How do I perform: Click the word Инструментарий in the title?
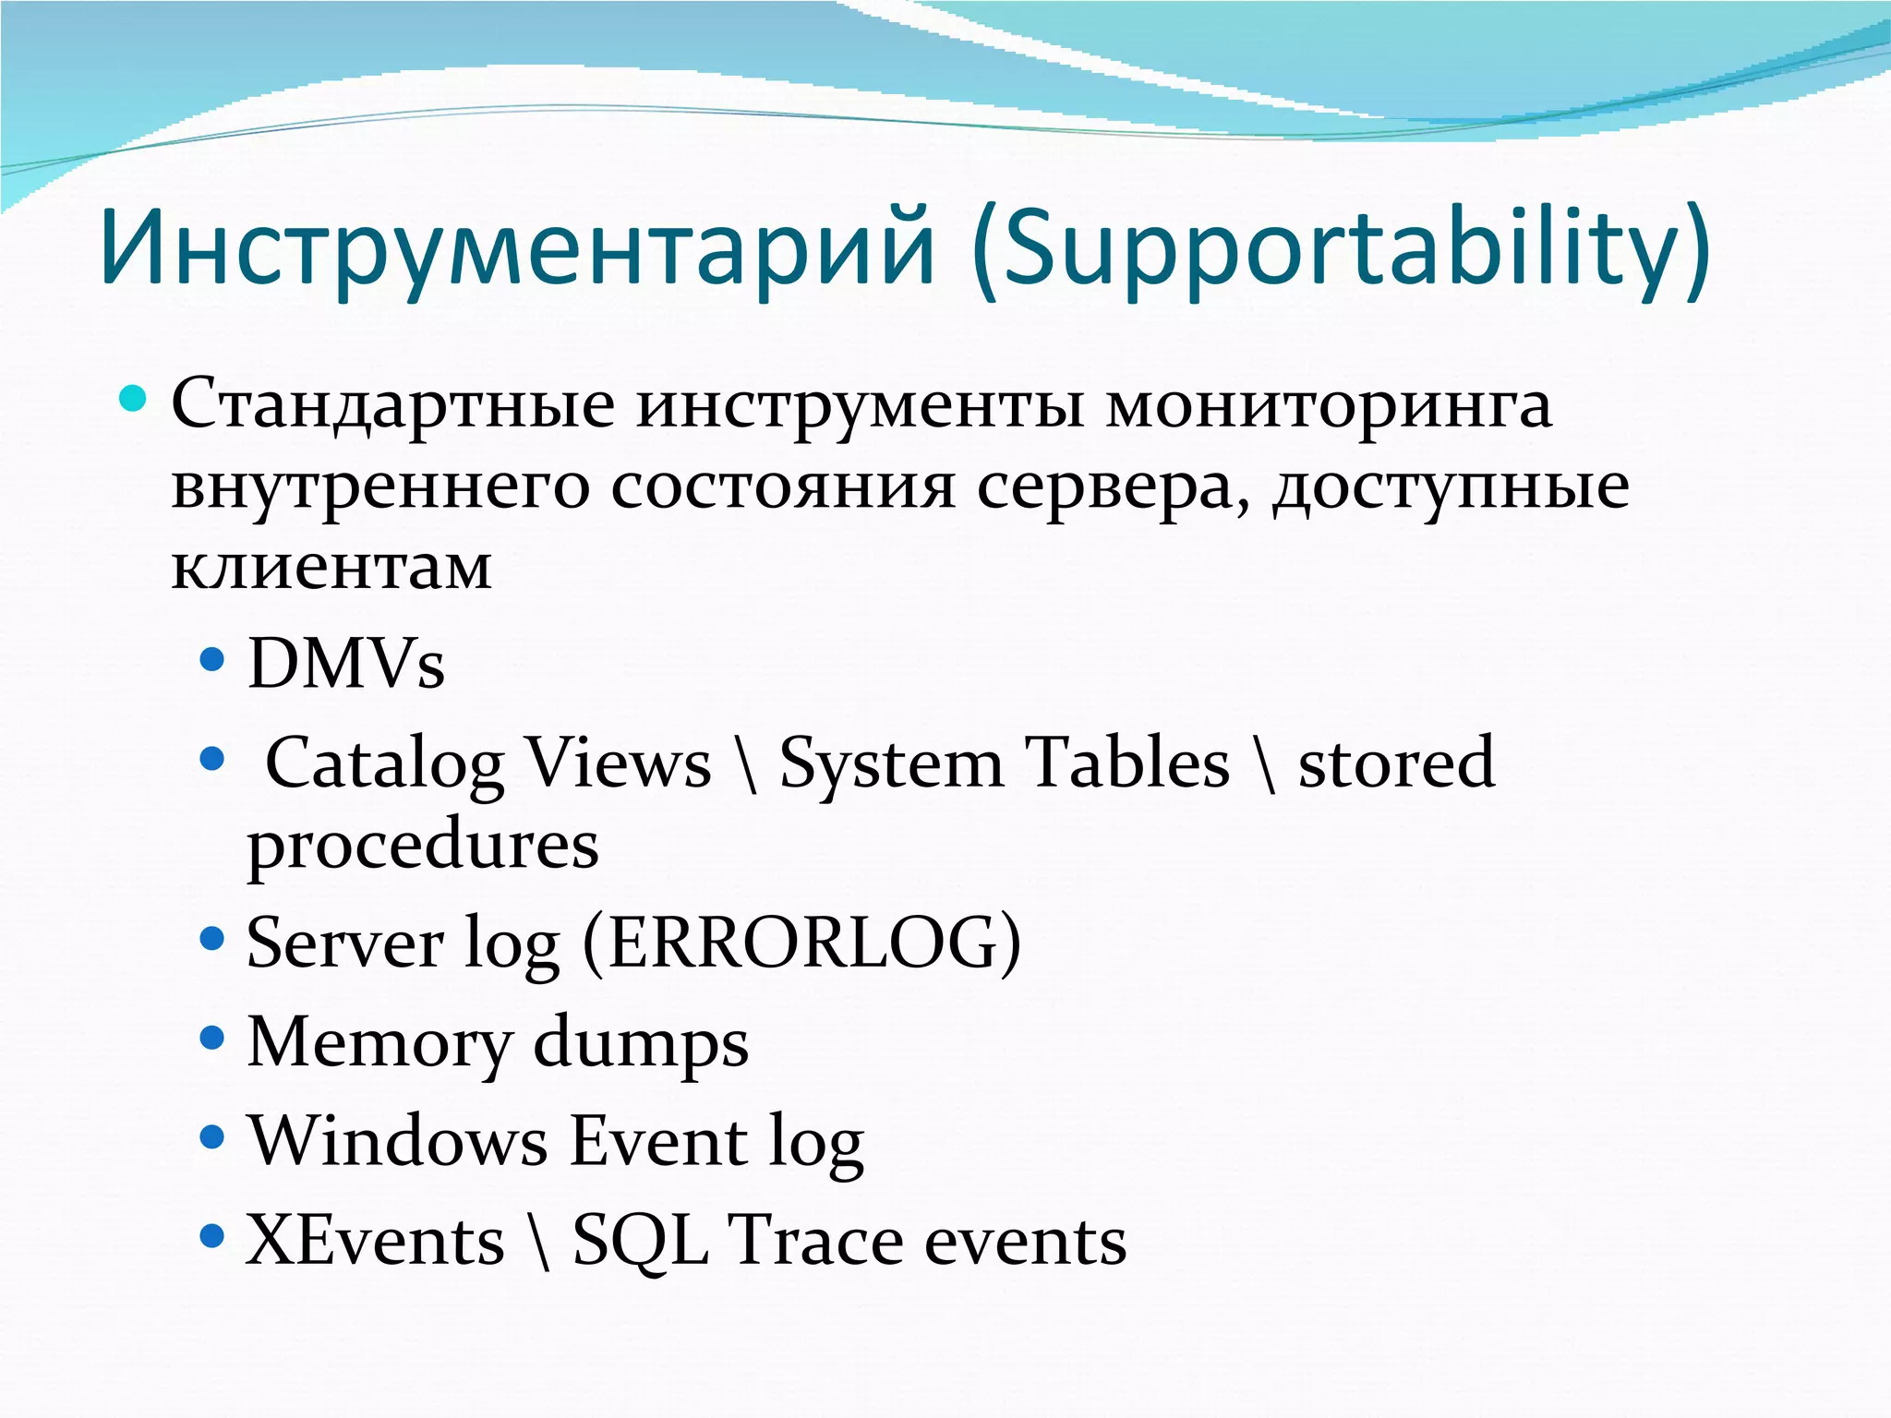click(x=517, y=247)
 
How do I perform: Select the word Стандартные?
click(x=392, y=404)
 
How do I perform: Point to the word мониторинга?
click(x=1330, y=404)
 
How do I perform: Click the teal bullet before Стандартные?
click(x=134, y=400)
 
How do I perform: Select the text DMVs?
click(x=346, y=664)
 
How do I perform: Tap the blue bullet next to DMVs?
click(x=212, y=660)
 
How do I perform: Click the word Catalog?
click(x=385, y=764)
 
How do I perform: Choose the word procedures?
click(x=423, y=846)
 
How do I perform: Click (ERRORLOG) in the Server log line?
click(x=801, y=943)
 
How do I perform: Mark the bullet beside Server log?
click(x=212, y=940)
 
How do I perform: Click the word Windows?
click(x=398, y=1141)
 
